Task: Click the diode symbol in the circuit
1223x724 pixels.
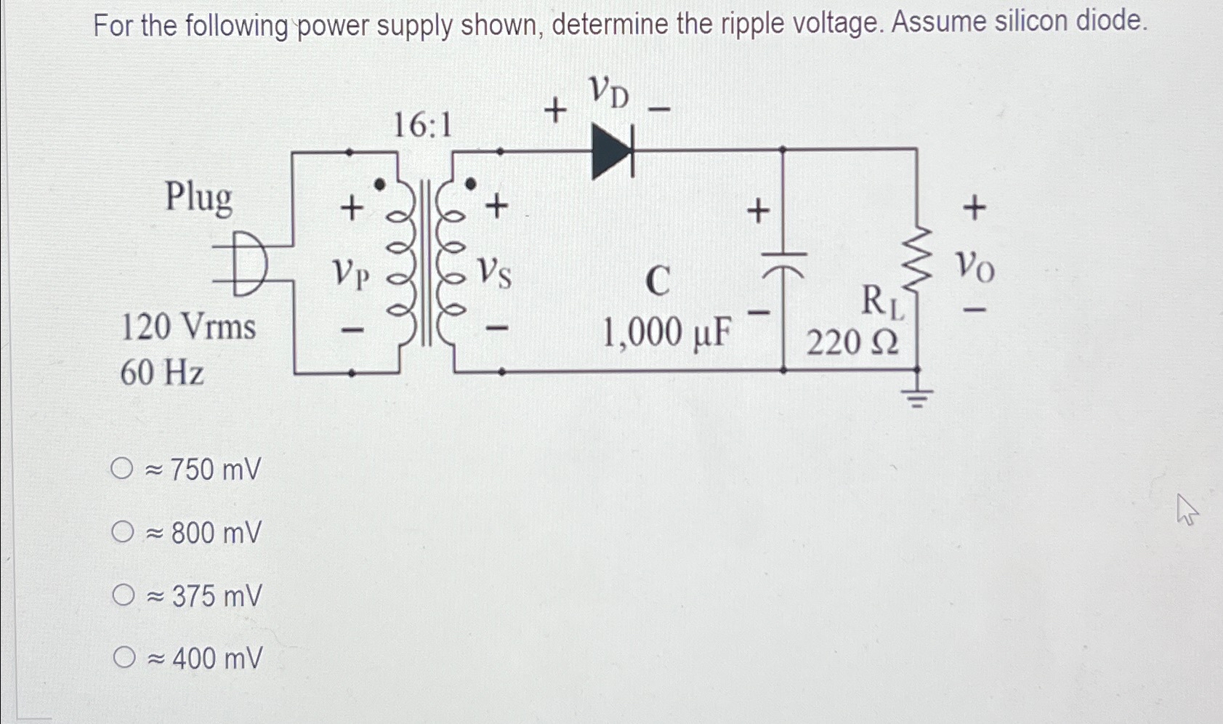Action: (613, 151)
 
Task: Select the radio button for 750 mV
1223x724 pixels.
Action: (122, 469)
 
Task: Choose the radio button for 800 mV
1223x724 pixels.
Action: (123, 532)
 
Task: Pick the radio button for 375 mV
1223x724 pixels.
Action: (124, 595)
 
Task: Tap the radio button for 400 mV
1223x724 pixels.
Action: (124, 658)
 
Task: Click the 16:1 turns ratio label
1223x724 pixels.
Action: (422, 126)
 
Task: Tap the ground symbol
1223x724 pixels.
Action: (917, 396)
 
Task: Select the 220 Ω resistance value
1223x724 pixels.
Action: (852, 341)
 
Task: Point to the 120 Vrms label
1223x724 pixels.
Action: (188, 326)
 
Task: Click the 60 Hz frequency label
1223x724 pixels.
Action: (162, 373)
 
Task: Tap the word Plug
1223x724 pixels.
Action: (198, 197)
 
